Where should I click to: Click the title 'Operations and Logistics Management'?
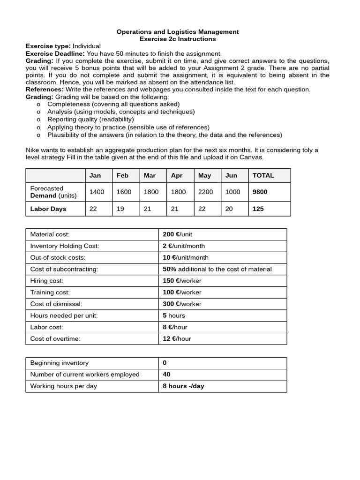coord(178,32)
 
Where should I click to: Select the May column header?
coord(204,175)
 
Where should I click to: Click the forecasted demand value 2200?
coord(205,192)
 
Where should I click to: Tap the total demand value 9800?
coord(260,192)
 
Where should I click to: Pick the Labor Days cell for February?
coord(120,209)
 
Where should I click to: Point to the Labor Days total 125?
coord(258,209)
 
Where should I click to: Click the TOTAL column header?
coord(263,175)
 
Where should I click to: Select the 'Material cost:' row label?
coord(50,234)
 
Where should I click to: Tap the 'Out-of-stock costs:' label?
coord(58,257)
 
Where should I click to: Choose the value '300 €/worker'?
coord(182,304)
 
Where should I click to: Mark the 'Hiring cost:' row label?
coord(46,281)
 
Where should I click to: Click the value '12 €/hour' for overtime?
coord(177,338)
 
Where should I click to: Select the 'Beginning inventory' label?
coord(59,363)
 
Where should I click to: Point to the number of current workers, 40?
coord(166,374)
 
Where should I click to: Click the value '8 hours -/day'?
coord(183,386)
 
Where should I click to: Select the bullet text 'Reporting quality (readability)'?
coord(90,120)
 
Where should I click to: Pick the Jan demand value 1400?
coord(97,192)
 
